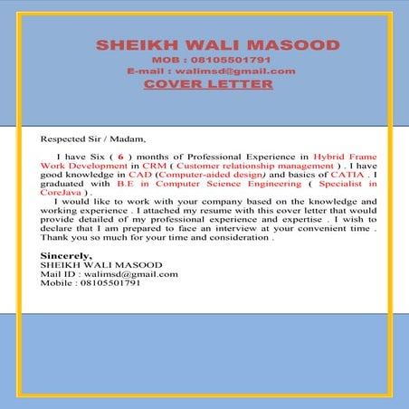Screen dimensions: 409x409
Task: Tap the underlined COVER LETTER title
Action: (208, 84)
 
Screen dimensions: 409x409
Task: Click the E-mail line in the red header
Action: (211, 71)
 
